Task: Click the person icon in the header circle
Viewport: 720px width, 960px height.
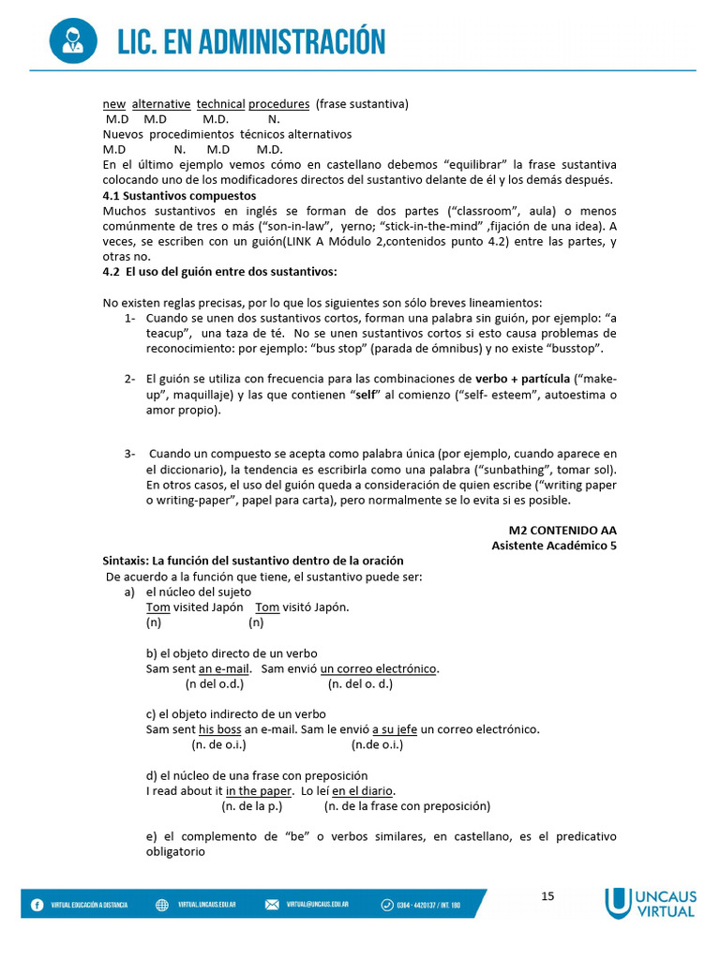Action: pyautogui.click(x=71, y=40)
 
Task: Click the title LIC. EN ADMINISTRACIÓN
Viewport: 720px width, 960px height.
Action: pyautogui.click(x=251, y=42)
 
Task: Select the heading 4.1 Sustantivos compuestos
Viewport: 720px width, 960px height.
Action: pyautogui.click(x=179, y=196)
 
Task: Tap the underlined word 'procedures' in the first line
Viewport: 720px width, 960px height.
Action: pyautogui.click(x=278, y=104)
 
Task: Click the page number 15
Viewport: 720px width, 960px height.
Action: pyautogui.click(x=547, y=896)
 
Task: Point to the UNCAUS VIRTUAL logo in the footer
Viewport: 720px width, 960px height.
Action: pyautogui.click(x=650, y=903)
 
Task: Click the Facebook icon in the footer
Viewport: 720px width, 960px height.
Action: pyautogui.click(x=37, y=905)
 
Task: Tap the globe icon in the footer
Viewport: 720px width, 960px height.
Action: pyautogui.click(x=161, y=905)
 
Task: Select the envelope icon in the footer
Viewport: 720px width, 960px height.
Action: pyautogui.click(x=272, y=905)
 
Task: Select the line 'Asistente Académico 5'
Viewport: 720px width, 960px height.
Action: pyautogui.click(x=554, y=545)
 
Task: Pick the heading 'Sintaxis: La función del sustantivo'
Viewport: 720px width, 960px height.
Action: pyautogui.click(x=253, y=561)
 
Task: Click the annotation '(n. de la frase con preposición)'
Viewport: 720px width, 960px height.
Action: pyautogui.click(x=407, y=805)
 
